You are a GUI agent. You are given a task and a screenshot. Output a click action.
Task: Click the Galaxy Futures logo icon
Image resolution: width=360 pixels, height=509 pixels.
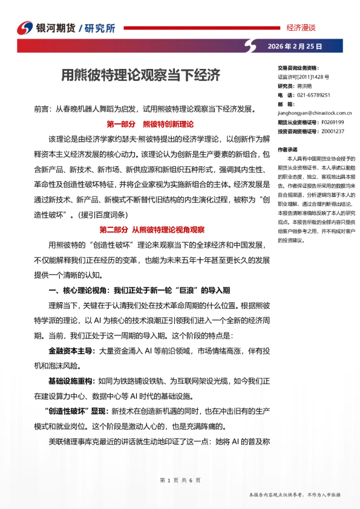point(25,28)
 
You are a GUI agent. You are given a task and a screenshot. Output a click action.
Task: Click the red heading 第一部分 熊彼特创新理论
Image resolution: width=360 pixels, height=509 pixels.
point(149,125)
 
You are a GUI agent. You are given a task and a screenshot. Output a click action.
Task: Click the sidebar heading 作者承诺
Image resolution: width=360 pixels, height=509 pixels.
point(287,148)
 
